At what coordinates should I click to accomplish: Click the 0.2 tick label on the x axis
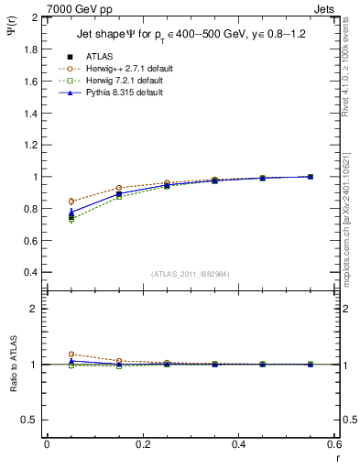click(x=143, y=444)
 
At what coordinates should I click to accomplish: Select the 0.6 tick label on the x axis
click(x=334, y=444)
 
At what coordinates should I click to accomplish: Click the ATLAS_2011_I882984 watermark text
click(x=191, y=274)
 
